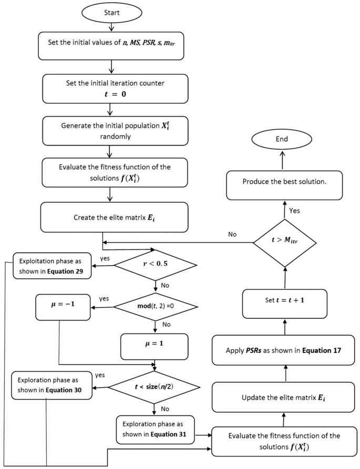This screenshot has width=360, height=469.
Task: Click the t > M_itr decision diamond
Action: (284, 242)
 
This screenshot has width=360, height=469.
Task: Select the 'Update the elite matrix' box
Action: (284, 397)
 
